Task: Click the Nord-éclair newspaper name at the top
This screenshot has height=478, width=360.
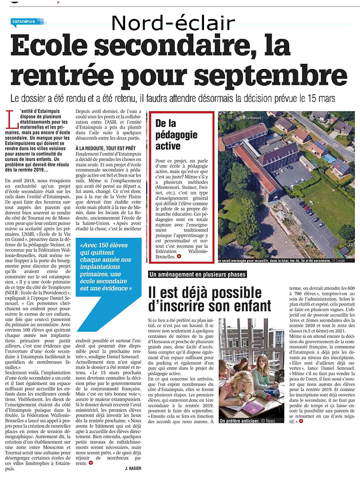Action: pos(173,23)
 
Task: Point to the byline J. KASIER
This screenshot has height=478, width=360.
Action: pos(132,468)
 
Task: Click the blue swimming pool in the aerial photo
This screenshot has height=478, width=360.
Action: pos(330,158)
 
